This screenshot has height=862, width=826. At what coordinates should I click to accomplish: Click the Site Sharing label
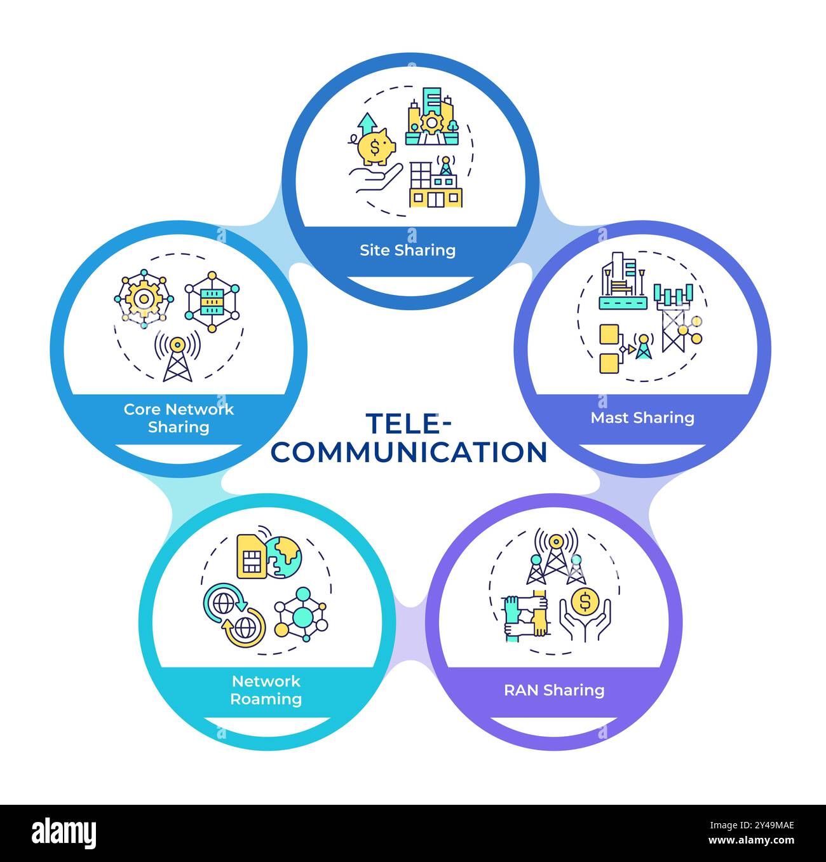click(x=407, y=250)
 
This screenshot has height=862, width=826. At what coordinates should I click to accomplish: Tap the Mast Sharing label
click(x=642, y=418)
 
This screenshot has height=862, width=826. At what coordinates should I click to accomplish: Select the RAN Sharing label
click(x=553, y=690)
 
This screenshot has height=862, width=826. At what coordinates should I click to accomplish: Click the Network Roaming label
click(x=266, y=690)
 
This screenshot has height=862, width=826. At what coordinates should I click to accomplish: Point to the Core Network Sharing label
click(x=179, y=418)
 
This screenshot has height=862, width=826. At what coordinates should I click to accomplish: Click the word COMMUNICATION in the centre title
click(x=412, y=452)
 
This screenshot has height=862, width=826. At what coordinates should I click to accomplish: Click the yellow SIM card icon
click(x=251, y=556)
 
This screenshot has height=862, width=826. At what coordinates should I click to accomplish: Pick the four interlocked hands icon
click(x=525, y=615)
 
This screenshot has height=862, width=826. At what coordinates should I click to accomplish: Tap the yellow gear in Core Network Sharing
click(x=144, y=298)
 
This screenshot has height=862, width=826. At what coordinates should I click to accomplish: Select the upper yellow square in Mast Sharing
click(x=609, y=333)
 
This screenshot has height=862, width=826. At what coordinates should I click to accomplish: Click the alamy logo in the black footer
click(x=64, y=833)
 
